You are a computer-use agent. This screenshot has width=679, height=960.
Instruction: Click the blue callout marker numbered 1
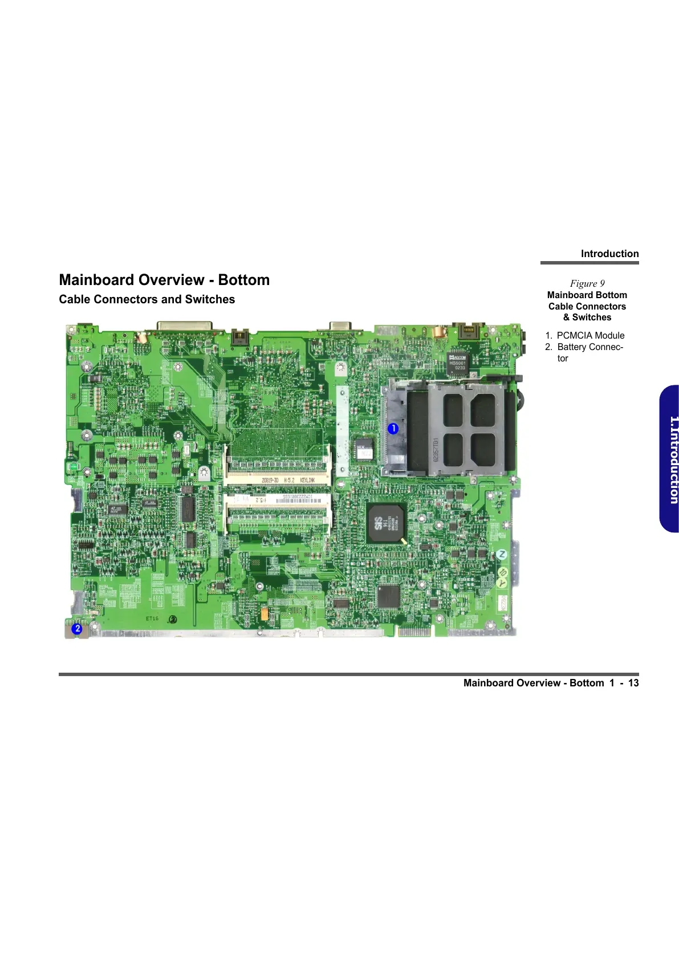click(x=393, y=429)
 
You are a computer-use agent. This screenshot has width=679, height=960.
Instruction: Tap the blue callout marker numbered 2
click(x=77, y=629)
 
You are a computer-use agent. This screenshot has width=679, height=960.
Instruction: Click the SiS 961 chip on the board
click(x=385, y=523)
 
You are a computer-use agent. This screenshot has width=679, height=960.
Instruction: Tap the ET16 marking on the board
click(x=152, y=619)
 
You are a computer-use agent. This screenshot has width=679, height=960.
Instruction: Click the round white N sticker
click(x=502, y=554)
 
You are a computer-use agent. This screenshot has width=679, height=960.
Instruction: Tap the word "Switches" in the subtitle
click(x=210, y=299)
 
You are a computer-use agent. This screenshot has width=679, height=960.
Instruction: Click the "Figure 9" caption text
click(x=587, y=283)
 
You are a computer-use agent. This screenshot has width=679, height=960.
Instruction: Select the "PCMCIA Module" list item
click(x=590, y=336)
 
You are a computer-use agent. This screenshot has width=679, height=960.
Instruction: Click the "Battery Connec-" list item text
click(x=590, y=347)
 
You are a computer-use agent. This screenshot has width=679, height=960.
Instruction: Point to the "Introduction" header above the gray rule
click(x=609, y=254)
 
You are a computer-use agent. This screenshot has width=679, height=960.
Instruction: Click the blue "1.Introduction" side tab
click(x=670, y=459)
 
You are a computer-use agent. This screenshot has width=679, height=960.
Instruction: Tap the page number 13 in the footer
click(x=633, y=683)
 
